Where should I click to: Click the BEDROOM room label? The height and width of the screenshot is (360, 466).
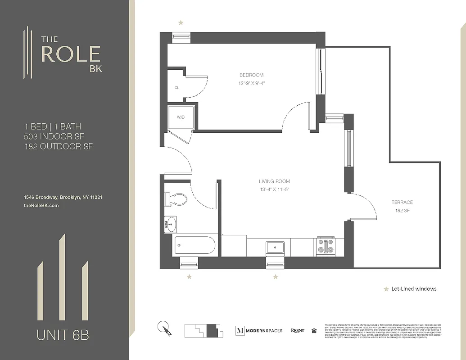[251, 75]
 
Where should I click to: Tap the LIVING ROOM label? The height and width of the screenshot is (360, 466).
[274, 181]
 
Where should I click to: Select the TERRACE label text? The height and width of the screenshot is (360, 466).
[402, 202]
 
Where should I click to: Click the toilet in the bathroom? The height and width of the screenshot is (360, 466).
[177, 198]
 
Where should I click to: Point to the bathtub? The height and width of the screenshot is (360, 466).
[195, 246]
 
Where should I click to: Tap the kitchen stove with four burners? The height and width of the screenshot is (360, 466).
[326, 246]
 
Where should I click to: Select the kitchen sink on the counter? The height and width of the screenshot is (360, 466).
[275, 247]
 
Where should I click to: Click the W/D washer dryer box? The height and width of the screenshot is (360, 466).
[181, 117]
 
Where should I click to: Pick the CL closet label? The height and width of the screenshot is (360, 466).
[176, 88]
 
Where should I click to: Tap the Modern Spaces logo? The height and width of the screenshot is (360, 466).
[259, 330]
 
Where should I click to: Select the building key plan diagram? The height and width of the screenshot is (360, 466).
[204, 331]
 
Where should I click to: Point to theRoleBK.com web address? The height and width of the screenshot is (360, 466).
[41, 205]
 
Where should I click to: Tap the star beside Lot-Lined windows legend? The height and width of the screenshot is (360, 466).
[386, 289]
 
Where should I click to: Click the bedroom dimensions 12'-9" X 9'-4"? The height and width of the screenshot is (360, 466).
[251, 83]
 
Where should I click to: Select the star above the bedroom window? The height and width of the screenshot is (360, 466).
[181, 22]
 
